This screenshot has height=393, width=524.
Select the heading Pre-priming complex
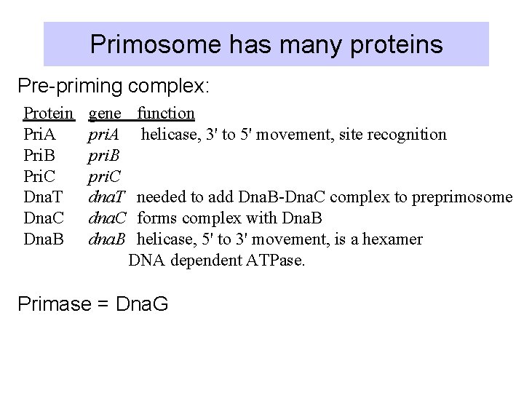(x=114, y=87)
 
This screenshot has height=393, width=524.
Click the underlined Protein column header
(x=48, y=113)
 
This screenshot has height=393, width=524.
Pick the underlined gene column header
(x=105, y=113)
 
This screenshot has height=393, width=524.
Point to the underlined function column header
(x=166, y=113)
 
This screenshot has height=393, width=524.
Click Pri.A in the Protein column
(x=39, y=134)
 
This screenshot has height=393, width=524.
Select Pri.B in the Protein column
(x=39, y=155)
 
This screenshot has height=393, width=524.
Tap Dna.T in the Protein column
(x=43, y=197)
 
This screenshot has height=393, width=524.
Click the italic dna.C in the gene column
(x=107, y=218)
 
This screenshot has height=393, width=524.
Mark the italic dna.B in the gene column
(x=107, y=239)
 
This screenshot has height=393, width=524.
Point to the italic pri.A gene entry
(x=103, y=134)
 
